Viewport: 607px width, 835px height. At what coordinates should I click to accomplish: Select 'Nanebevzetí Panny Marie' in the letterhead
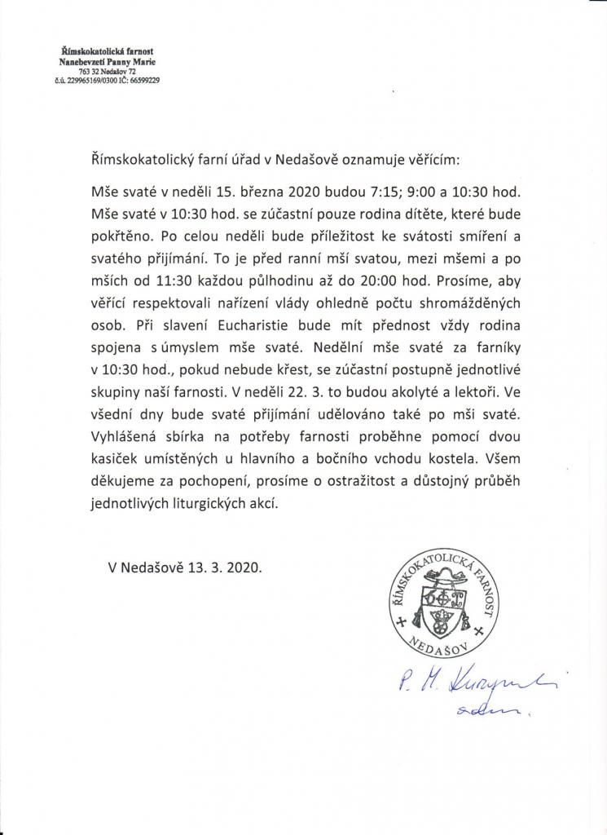pos(108,62)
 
